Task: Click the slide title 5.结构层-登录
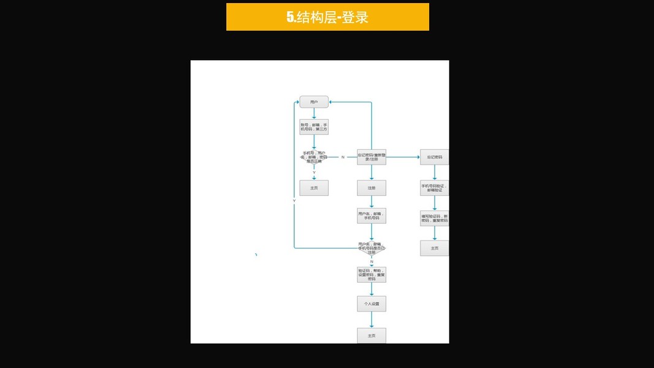click(327, 17)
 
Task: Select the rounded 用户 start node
click(314, 102)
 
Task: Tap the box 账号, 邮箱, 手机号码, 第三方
click(314, 127)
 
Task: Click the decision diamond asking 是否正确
click(314, 158)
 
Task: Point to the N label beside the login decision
click(343, 158)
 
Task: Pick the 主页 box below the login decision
click(314, 188)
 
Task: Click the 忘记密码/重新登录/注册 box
click(371, 157)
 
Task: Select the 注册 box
click(371, 188)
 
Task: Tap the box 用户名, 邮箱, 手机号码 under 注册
click(371, 216)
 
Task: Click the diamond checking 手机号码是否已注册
click(371, 247)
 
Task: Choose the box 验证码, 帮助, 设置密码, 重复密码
click(371, 275)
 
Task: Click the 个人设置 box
click(371, 304)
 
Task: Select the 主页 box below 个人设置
click(371, 335)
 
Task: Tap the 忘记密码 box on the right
click(434, 157)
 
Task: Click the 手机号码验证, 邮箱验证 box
click(434, 188)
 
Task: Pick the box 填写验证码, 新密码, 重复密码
click(434, 218)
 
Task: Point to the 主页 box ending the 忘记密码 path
click(434, 248)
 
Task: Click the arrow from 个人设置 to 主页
click(371, 320)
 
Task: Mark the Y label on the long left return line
click(294, 201)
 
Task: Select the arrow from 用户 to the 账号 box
click(314, 113)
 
